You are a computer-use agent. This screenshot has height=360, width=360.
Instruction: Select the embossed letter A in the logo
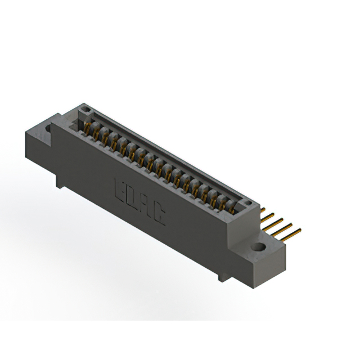coord(146,205)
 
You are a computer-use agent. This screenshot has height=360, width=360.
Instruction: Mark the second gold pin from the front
coord(285,226)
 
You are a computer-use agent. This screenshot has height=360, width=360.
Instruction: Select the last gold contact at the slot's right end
coord(231,208)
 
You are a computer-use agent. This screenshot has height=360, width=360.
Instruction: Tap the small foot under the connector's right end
coord(223,276)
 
